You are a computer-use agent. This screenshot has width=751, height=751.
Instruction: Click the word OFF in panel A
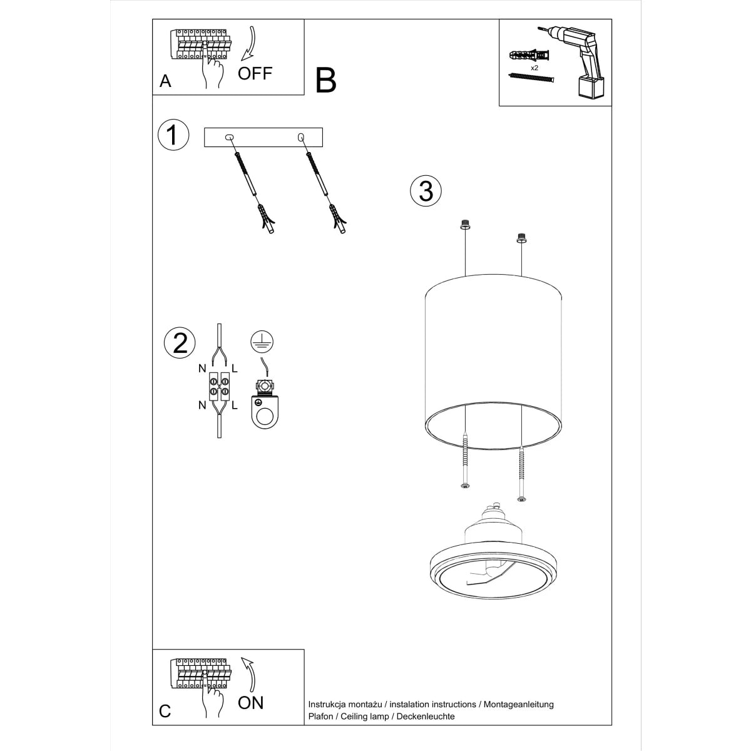(255, 73)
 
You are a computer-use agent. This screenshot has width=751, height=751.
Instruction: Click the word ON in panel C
(251, 702)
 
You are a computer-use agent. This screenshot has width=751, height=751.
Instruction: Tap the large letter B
(326, 80)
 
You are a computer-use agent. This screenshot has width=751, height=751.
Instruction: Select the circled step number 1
(173, 136)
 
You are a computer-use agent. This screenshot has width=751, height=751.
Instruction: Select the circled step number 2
(180, 343)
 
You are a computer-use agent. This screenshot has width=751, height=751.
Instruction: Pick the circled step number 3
(426, 190)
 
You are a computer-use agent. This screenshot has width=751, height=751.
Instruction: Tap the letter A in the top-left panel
(165, 81)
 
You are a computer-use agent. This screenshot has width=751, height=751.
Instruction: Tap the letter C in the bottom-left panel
(165, 712)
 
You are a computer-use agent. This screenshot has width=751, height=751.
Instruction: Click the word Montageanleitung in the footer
(518, 704)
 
